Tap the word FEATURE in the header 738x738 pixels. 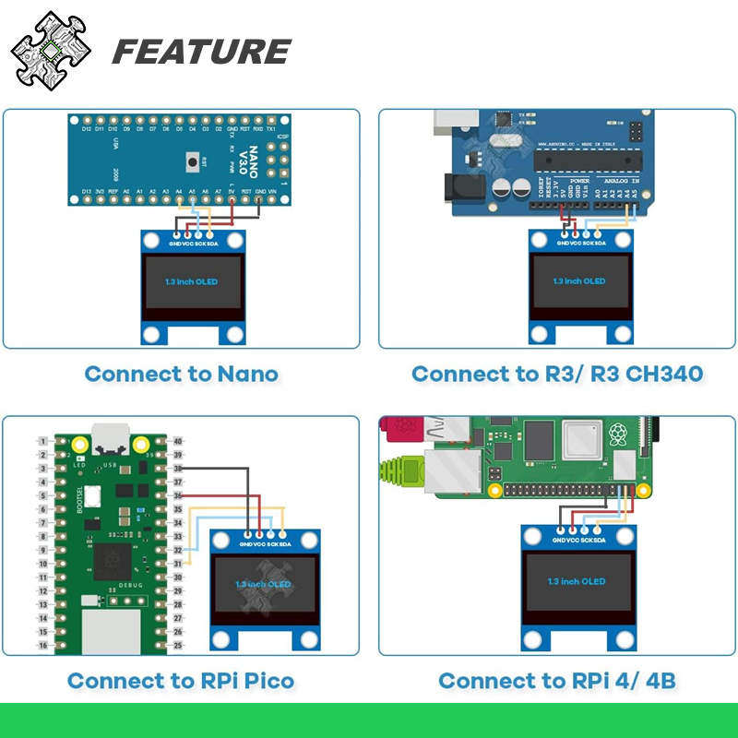coord(201,52)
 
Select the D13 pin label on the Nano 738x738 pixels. coord(86,191)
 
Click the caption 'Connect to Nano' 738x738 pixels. coord(181,374)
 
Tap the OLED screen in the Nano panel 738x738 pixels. coord(192,280)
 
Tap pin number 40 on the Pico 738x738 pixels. coord(178,442)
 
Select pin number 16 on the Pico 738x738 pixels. coord(42,646)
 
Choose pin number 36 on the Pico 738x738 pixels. coord(178,496)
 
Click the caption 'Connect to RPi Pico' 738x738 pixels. coord(181,681)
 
